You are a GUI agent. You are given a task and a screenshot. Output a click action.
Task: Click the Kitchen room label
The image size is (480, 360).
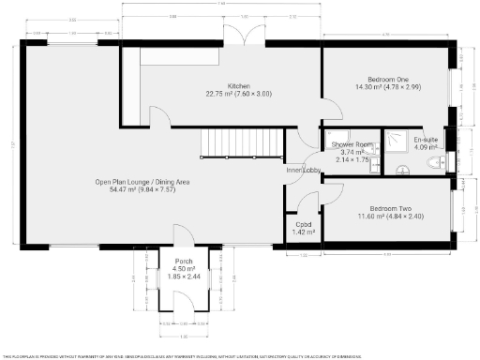(x=224, y=85)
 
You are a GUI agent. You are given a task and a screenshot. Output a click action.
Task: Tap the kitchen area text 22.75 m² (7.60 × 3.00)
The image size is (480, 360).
(x=224, y=93)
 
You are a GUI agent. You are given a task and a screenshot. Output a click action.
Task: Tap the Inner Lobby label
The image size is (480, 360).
(x=302, y=170)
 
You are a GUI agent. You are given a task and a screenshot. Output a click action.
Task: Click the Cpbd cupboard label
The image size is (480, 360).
(x=303, y=224)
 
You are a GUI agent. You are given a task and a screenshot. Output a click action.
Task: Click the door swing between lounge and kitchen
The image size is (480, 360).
(x=159, y=116)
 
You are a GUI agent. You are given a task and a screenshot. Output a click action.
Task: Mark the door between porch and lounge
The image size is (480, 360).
(x=181, y=236)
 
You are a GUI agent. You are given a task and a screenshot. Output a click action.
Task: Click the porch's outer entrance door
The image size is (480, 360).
(x=183, y=302)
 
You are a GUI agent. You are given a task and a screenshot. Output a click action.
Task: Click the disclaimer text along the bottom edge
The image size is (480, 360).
(x=239, y=355)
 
